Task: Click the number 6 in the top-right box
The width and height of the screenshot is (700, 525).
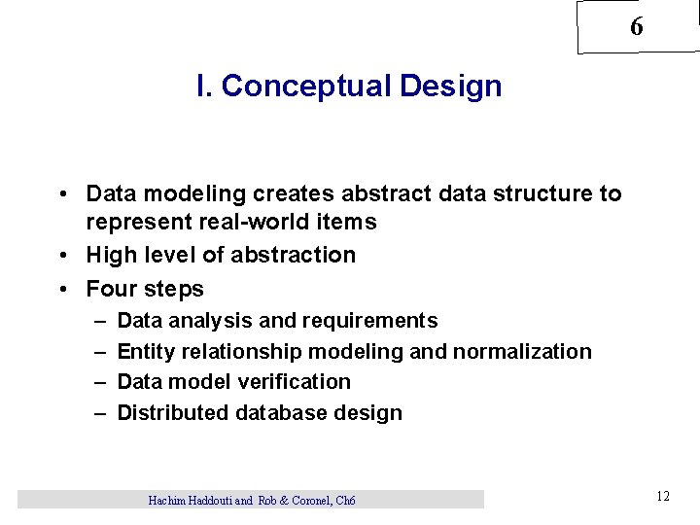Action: [636, 27]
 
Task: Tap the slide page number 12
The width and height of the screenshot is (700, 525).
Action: [662, 497]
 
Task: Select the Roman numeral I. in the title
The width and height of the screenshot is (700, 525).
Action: [203, 87]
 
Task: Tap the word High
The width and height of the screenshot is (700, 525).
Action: [111, 255]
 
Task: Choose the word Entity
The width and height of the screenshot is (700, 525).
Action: [145, 351]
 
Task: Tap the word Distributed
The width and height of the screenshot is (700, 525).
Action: [172, 413]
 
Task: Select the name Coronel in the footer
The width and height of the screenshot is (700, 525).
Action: [306, 501]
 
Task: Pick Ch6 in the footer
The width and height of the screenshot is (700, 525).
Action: [345, 501]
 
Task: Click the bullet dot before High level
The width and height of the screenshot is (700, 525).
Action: [61, 256]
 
